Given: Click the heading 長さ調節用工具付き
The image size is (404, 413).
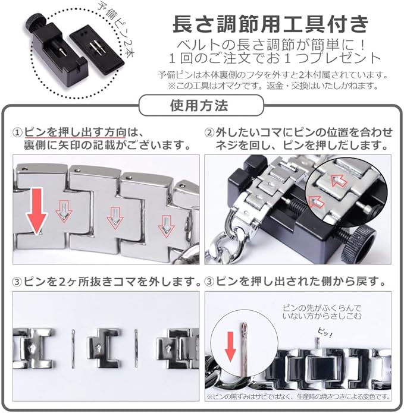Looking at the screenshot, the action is click(270, 24).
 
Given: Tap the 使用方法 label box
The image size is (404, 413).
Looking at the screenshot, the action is click(201, 106).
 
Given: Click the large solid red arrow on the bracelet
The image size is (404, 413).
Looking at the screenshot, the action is click(36, 212).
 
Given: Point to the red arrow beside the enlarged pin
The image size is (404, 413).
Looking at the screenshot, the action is click(230, 346).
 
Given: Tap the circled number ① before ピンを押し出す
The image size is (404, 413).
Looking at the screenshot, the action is click(17, 133).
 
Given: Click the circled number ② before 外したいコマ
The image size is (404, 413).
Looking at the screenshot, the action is click(209, 133).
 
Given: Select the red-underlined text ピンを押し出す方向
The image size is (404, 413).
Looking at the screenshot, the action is click(75, 133).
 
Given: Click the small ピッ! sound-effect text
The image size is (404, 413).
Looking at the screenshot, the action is click(324, 333).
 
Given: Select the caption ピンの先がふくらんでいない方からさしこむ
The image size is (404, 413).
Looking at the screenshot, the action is click(322, 312).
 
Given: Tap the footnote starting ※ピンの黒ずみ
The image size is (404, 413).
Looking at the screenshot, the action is click(298, 396).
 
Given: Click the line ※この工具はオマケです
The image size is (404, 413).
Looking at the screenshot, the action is click(273, 86).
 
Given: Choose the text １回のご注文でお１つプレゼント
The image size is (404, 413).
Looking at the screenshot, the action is click(274, 58).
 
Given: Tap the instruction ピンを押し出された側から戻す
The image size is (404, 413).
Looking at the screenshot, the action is click(296, 282).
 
